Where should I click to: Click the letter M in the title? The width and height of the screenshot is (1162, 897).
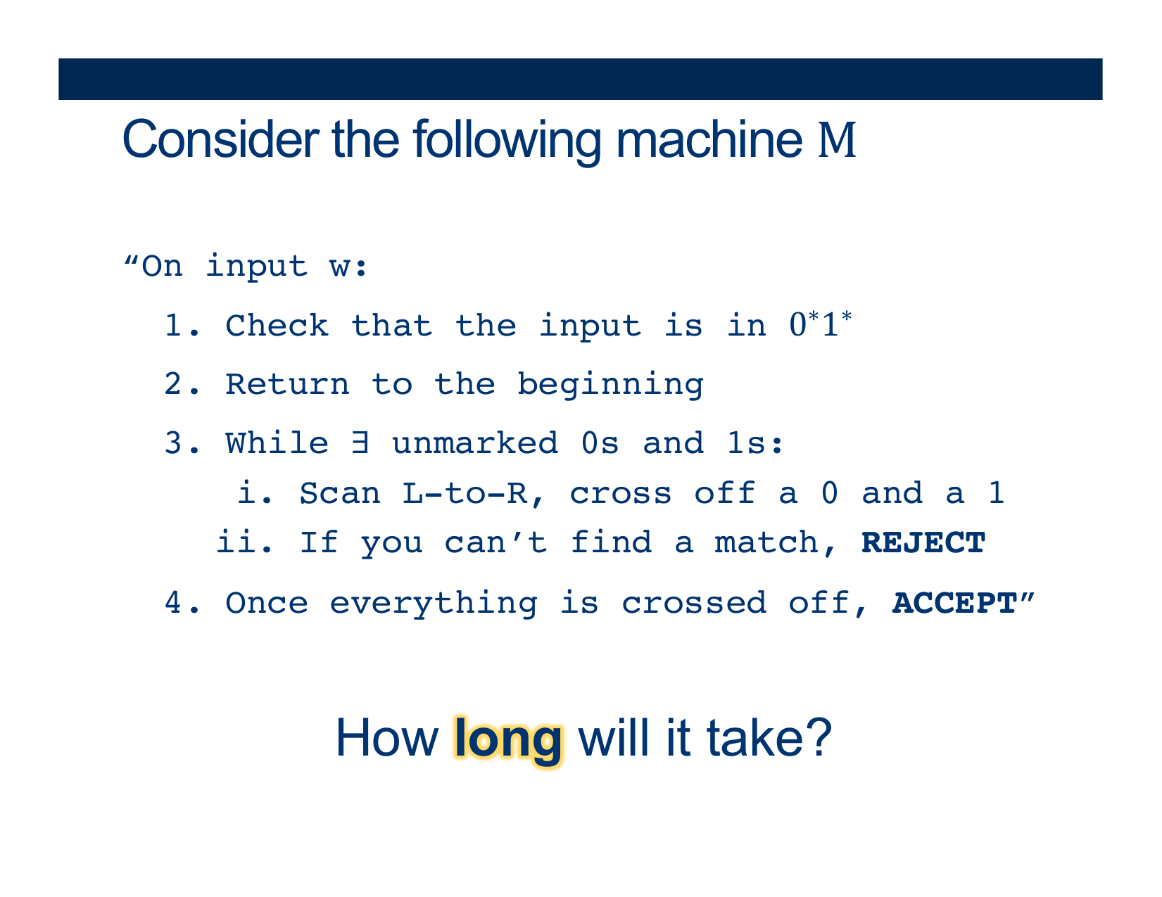pyautogui.click(x=837, y=140)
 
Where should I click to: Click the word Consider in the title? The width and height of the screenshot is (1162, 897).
pyautogui.click(x=221, y=139)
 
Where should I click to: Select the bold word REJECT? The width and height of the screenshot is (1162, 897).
pyautogui.click(x=923, y=543)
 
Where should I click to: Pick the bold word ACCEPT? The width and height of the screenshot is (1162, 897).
pyautogui.click(x=954, y=604)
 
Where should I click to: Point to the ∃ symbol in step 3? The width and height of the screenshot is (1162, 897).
pyautogui.click(x=360, y=443)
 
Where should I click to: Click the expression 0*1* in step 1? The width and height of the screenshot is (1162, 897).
pyautogui.click(x=821, y=324)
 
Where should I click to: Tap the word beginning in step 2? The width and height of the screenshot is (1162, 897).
pyautogui.click(x=610, y=386)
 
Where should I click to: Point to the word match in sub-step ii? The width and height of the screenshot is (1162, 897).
pyautogui.click(x=766, y=543)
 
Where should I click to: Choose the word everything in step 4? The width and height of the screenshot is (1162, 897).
pyautogui.click(x=434, y=604)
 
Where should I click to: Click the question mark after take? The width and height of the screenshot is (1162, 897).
pyautogui.click(x=819, y=738)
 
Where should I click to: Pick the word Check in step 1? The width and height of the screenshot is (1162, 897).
pyautogui.click(x=277, y=326)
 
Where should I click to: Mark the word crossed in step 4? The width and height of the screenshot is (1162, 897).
pyautogui.click(x=694, y=604)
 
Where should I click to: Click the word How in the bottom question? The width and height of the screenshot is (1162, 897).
pyautogui.click(x=387, y=738)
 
